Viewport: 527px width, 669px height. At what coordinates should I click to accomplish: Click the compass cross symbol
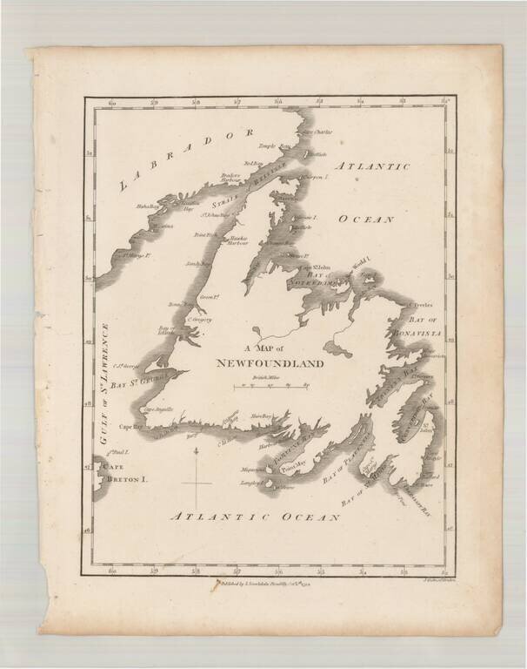(x=197, y=477)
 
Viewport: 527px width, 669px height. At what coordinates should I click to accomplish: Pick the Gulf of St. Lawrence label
(x=107, y=384)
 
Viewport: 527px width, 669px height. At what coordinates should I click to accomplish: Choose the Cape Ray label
(x=130, y=427)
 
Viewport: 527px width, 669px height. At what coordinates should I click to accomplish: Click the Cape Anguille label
(x=158, y=409)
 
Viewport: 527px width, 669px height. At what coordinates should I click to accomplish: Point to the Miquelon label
(x=250, y=469)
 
